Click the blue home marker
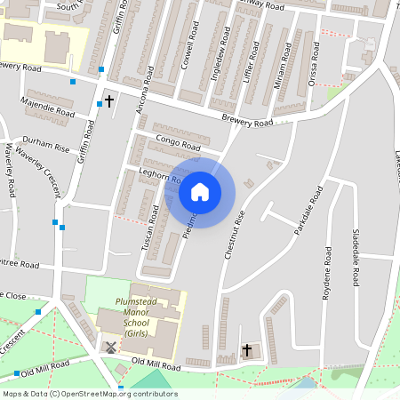[x=199, y=191]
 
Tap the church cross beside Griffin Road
[x=109, y=101]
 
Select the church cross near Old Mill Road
[x=246, y=351]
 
